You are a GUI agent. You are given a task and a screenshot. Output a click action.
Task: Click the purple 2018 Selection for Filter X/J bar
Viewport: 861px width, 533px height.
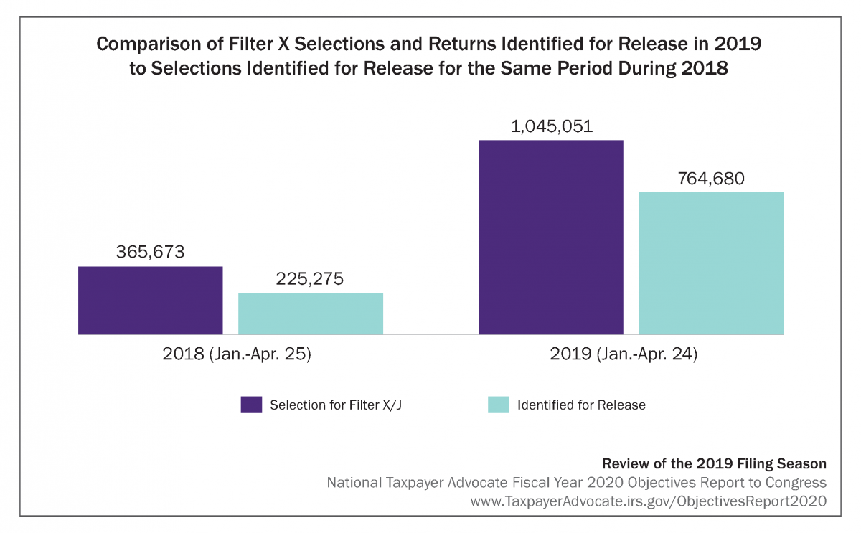point(150,300)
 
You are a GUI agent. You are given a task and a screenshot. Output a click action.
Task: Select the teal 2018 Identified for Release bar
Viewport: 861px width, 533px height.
point(310,313)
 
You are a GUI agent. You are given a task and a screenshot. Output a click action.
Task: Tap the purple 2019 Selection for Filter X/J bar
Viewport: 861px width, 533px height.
point(550,237)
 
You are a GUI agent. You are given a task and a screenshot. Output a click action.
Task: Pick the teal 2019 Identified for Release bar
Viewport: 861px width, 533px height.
point(710,263)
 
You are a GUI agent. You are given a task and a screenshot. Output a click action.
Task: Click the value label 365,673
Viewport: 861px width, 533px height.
point(150,253)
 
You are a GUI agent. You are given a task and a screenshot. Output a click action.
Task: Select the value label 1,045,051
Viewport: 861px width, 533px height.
point(550,126)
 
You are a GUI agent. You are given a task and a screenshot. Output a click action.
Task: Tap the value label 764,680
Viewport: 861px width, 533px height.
point(710,179)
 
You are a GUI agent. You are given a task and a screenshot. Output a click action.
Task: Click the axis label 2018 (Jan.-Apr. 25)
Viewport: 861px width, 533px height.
point(237,354)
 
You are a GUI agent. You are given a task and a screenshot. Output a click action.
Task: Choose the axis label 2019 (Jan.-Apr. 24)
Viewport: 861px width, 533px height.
point(631,354)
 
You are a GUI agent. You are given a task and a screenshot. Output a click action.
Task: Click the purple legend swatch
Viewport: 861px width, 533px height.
point(251,405)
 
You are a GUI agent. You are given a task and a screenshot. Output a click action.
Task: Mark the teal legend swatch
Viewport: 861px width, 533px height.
point(499,405)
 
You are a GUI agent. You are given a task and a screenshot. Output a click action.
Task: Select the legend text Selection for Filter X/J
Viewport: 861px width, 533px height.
point(341,405)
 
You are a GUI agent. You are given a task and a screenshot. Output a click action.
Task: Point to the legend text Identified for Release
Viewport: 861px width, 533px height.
point(581,405)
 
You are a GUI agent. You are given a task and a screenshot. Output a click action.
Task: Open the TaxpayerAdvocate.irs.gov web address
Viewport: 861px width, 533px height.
point(648,501)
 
